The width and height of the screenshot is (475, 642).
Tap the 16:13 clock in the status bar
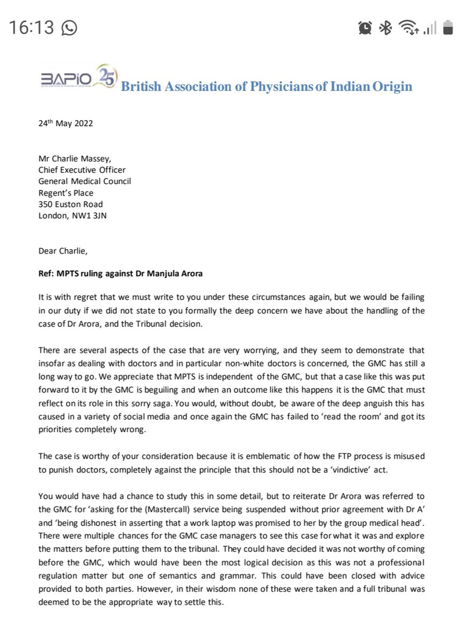(31, 27)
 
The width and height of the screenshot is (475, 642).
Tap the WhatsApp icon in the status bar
(69, 27)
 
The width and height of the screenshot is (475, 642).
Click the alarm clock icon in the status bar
(365, 27)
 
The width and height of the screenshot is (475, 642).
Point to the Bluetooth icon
(385, 27)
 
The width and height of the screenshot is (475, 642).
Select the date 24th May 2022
(66, 123)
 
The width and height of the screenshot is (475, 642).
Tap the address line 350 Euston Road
(71, 204)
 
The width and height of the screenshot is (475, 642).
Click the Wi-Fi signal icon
(409, 27)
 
